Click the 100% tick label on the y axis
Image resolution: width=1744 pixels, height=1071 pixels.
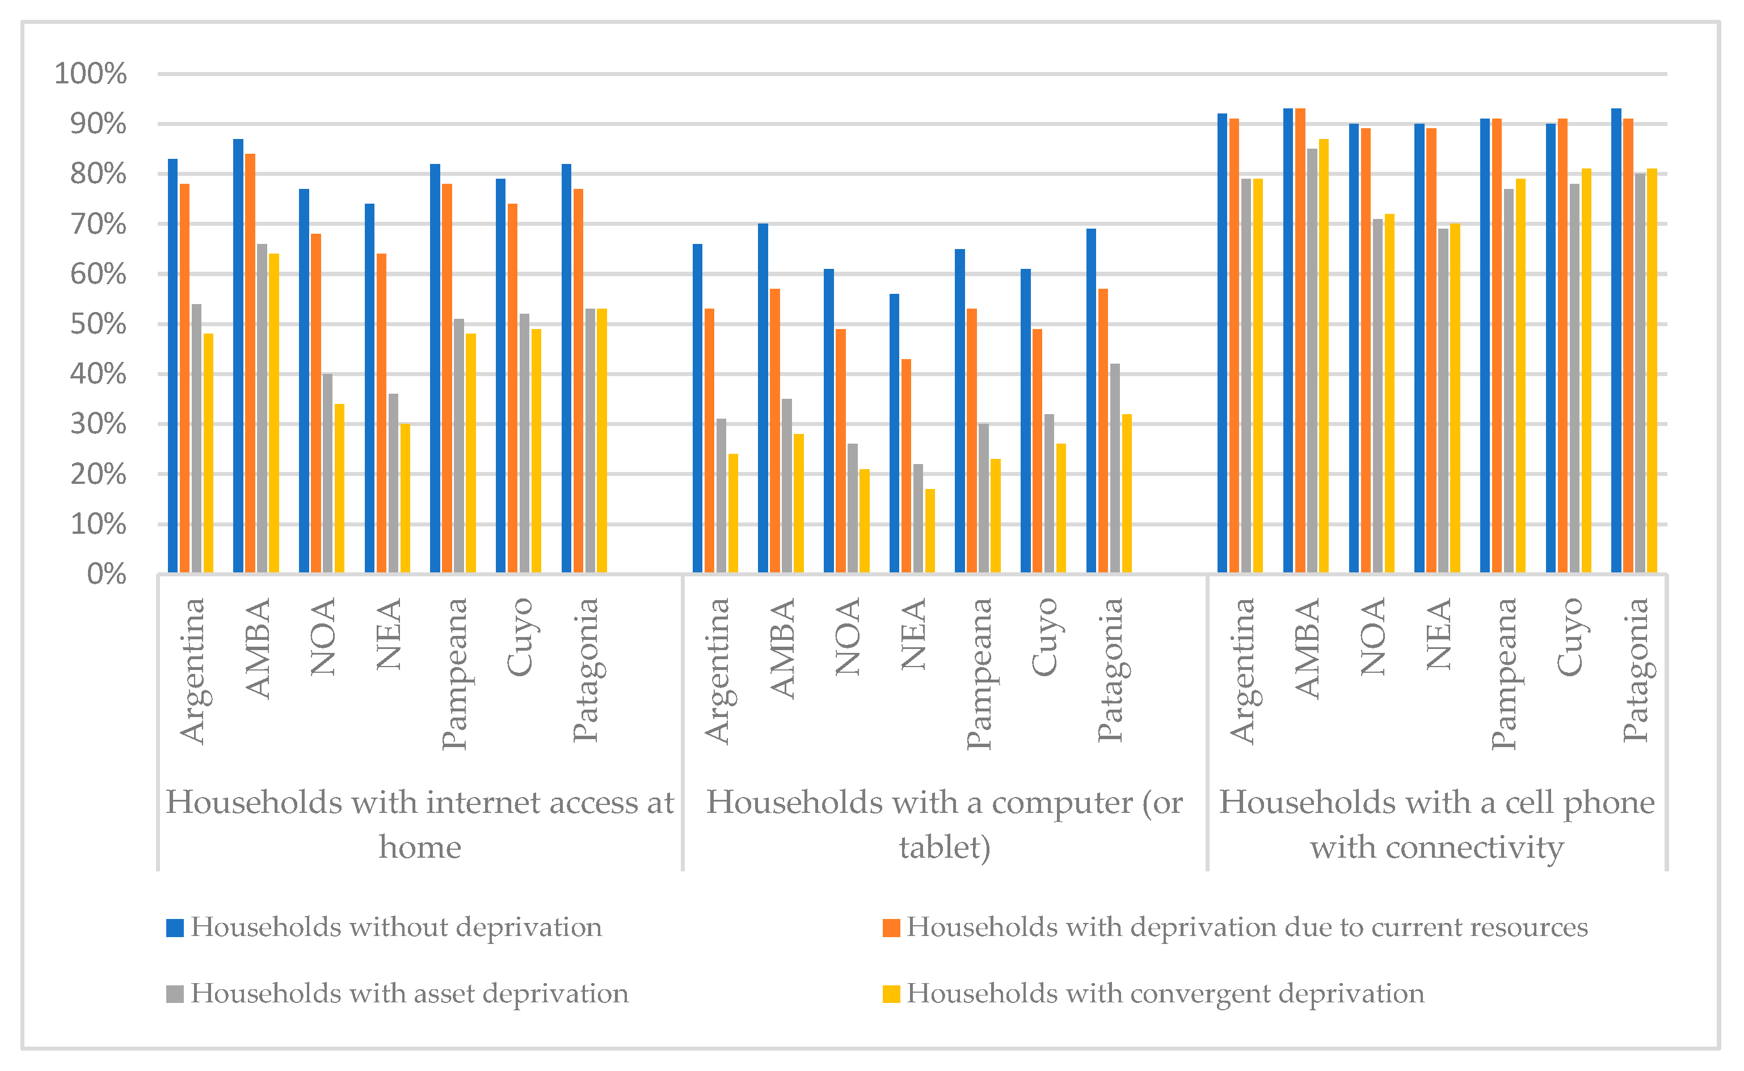click(x=90, y=74)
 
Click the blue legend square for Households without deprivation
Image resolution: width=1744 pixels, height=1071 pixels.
click(x=174, y=928)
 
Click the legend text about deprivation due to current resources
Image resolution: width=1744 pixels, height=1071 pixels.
click(x=1246, y=928)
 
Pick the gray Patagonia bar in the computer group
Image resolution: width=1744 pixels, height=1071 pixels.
click(x=1115, y=468)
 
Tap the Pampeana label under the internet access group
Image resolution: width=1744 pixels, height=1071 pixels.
click(x=453, y=673)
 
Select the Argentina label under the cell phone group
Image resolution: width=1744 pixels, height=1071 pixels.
click(x=1242, y=670)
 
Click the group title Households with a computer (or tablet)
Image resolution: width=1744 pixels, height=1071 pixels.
click(x=944, y=824)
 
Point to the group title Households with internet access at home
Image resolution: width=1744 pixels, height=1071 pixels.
click(x=419, y=824)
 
